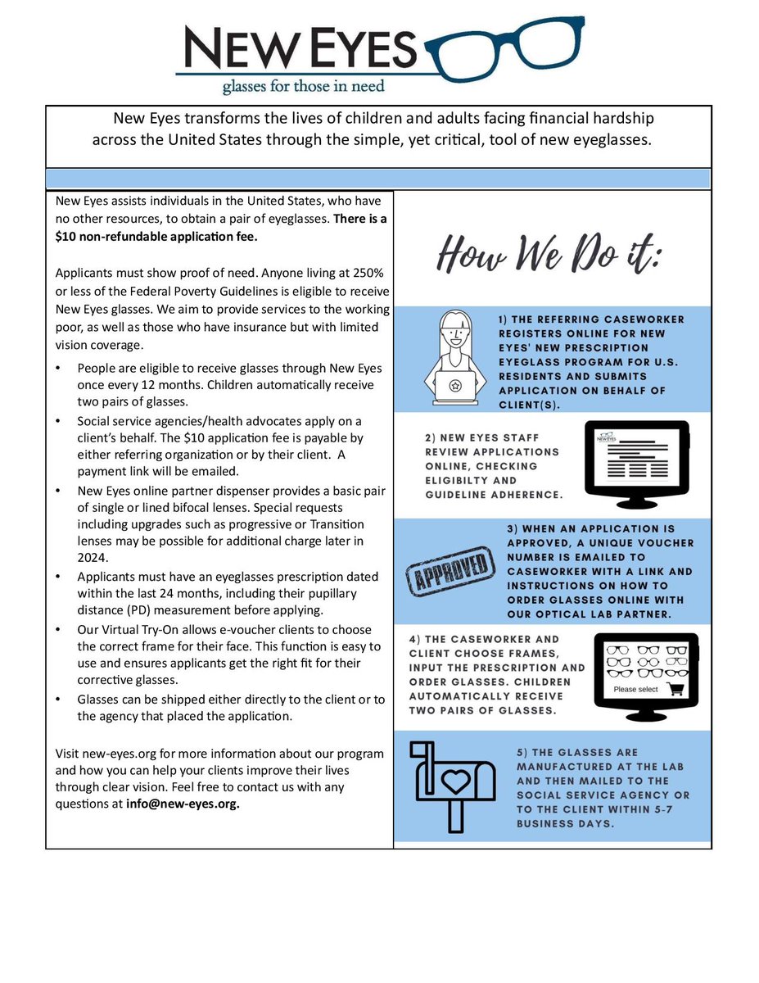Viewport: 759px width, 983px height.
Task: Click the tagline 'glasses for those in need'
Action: click(x=302, y=84)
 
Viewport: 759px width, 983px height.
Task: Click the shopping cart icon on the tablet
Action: click(x=676, y=689)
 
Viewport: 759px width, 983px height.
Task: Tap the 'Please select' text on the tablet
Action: click(x=635, y=690)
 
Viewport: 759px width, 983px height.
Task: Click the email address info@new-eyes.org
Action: click(x=181, y=804)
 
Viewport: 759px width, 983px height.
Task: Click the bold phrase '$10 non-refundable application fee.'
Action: click(x=156, y=237)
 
